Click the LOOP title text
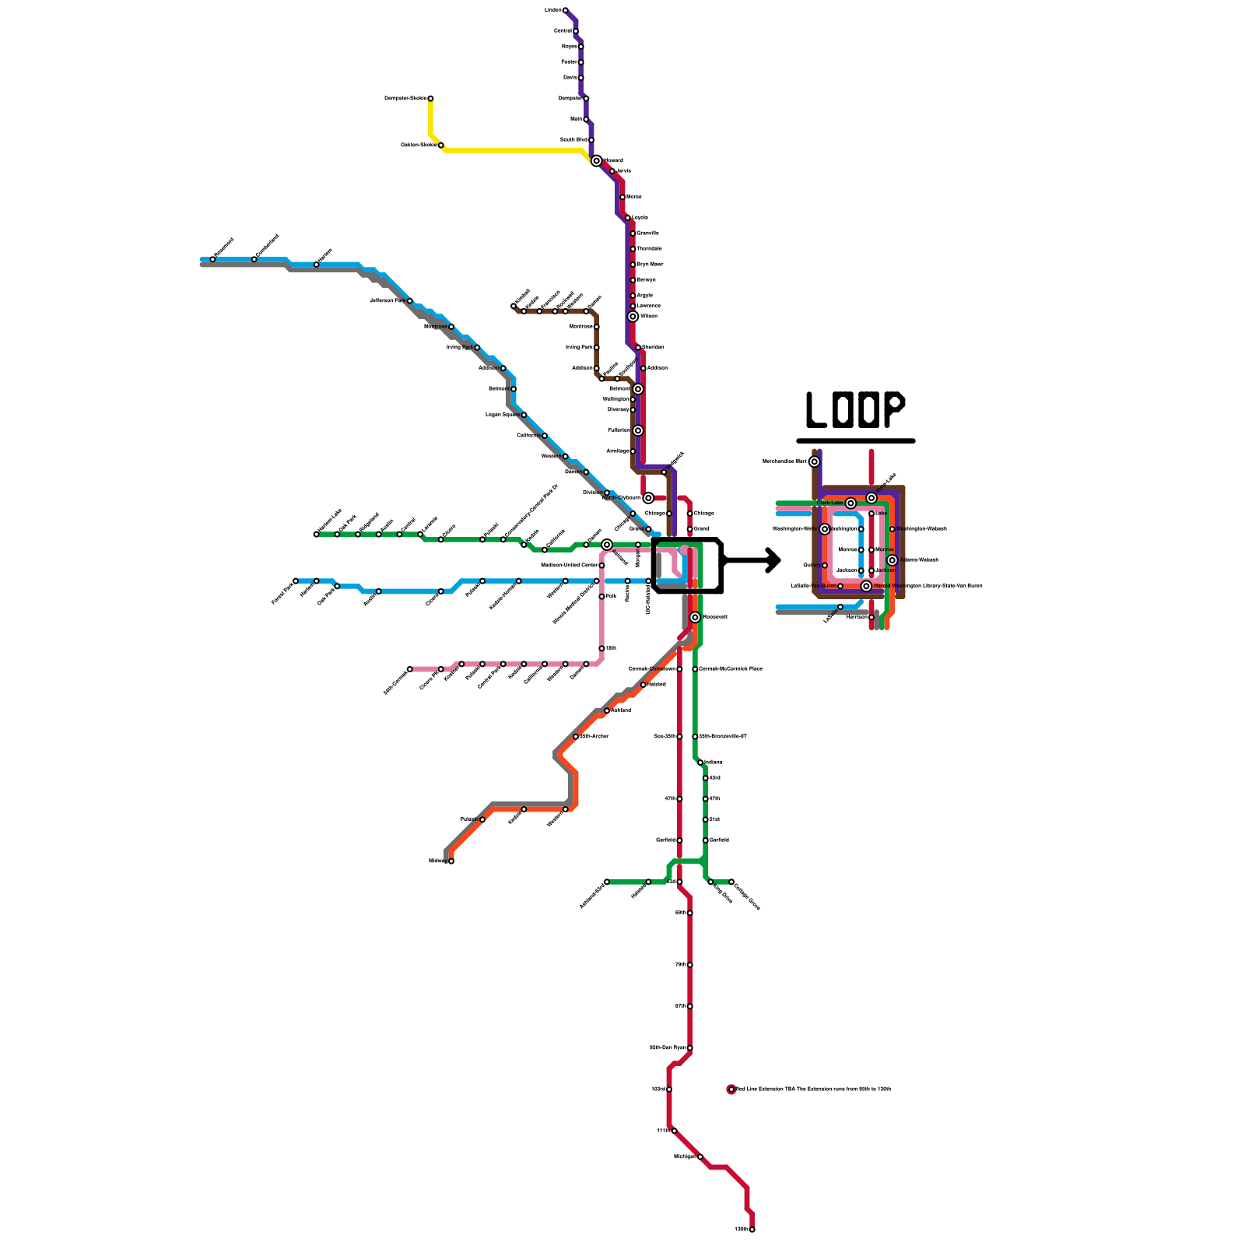click(x=855, y=410)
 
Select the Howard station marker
click(x=597, y=161)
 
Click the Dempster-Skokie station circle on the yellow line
click(x=430, y=99)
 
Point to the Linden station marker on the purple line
click(x=565, y=11)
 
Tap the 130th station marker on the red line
click(x=752, y=1229)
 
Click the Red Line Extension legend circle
click(x=731, y=1089)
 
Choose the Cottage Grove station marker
click(x=731, y=882)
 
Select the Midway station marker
click(x=451, y=861)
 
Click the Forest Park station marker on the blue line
click(x=296, y=581)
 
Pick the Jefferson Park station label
click(x=388, y=300)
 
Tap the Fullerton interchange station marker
click(x=638, y=430)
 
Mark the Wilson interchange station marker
click(x=633, y=317)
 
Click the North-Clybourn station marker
click(x=648, y=498)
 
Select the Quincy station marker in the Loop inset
click(x=825, y=566)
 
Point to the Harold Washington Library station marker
click(x=866, y=586)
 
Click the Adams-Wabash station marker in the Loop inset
click(x=893, y=560)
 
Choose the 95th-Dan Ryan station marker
click(x=689, y=1048)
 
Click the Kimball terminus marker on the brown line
click(x=514, y=306)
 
